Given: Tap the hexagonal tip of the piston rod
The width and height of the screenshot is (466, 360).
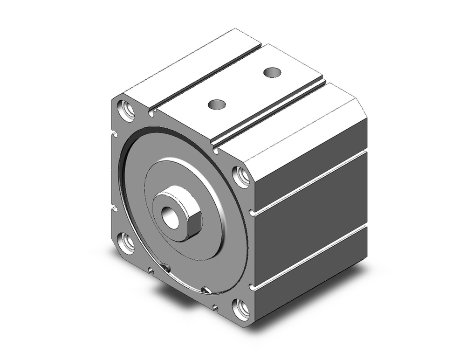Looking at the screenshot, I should pos(189,224).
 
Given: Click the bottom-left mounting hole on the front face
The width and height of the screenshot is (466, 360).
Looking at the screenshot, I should pos(126,243).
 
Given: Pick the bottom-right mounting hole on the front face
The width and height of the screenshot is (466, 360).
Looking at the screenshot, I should pos(241,309).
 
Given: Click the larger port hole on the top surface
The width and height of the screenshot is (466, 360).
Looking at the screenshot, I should pos(272,72).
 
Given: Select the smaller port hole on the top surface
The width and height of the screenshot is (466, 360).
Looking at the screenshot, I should pos(217,104).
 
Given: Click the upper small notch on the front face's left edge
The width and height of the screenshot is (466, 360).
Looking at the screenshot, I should pos(114,135).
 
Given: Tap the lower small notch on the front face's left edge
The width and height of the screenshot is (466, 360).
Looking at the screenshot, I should pos(113,208).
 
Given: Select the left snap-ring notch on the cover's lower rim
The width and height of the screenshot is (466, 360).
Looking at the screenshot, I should pos(165,268).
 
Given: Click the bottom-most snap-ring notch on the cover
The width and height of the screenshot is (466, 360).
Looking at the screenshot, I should pos(206,291).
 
